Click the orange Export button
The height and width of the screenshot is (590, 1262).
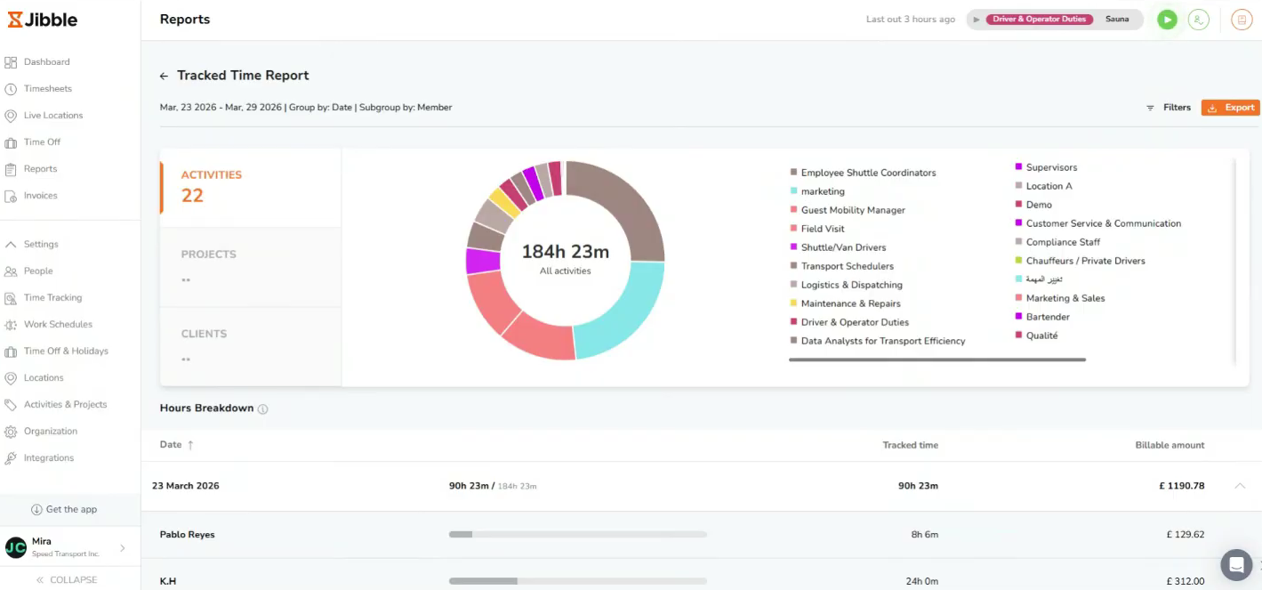[x=1230, y=108]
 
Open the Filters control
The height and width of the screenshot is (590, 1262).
[x=1169, y=108]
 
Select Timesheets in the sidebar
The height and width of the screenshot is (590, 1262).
[x=47, y=89]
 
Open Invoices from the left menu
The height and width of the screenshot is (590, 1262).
[x=40, y=196]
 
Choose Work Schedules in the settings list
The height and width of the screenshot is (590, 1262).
[x=58, y=325]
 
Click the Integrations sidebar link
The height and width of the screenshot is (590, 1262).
[x=48, y=458]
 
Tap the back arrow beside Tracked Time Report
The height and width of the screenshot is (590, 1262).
[x=164, y=77]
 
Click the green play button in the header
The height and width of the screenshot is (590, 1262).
[x=1167, y=20]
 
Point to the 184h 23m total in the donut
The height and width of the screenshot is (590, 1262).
[x=565, y=252]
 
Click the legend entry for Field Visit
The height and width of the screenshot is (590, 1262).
[x=822, y=229]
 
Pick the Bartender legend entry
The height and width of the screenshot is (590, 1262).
[x=1047, y=317]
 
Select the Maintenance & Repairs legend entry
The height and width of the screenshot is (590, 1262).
[x=850, y=303]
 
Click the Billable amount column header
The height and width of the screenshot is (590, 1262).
[x=1169, y=445]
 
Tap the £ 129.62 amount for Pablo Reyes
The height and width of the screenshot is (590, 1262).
[x=1185, y=535]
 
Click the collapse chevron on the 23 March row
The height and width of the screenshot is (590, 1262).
[x=1240, y=486]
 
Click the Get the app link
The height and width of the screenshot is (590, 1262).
[x=70, y=510]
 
